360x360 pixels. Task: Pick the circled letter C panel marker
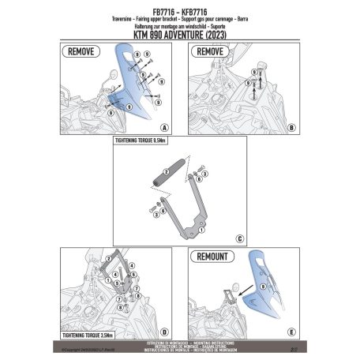(x=239, y=238)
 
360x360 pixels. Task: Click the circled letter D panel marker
(x=163, y=332)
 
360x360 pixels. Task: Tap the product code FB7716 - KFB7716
(x=180, y=10)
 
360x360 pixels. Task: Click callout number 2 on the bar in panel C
(x=167, y=171)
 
